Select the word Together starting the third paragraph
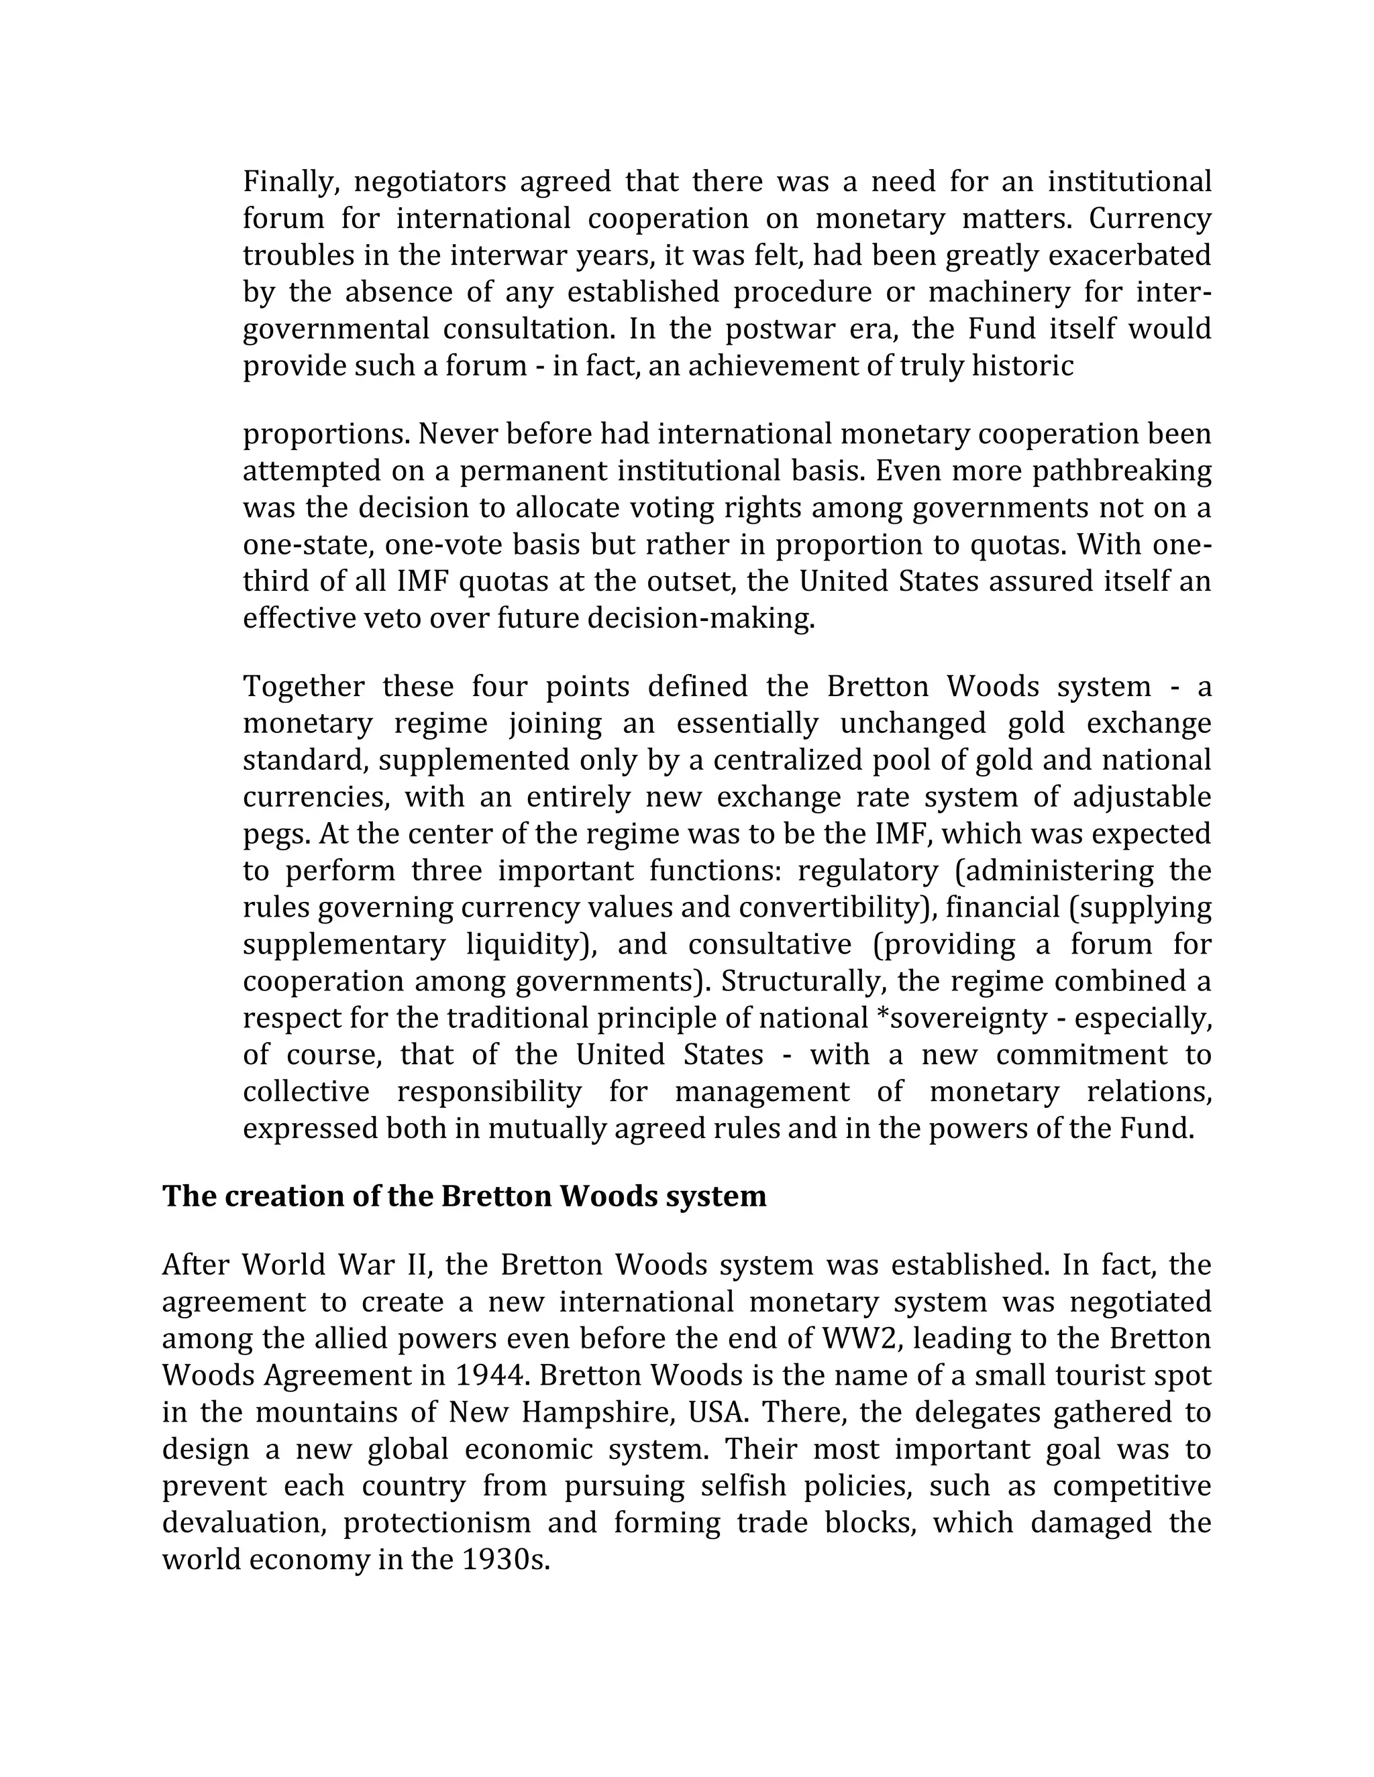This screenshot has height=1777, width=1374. [x=305, y=687]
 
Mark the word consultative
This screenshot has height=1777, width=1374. [x=770, y=945]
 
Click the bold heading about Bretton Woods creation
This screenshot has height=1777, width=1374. [x=464, y=1196]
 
